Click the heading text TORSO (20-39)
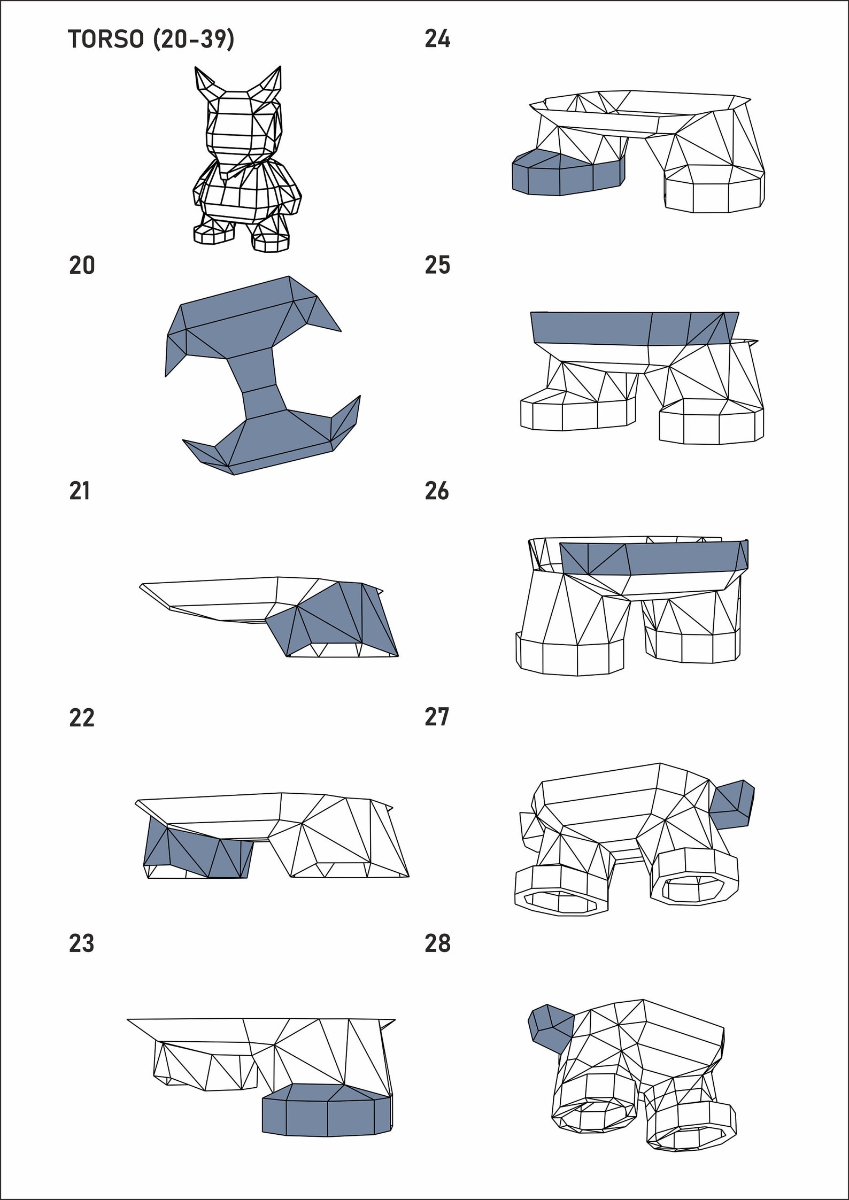pos(151,40)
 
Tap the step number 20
pos(82,266)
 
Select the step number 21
pos(80,491)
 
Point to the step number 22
pos(81,718)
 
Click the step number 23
pos(81,944)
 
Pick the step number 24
pos(437,40)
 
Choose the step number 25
pos(437,266)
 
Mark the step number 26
pos(437,491)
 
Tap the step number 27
pos(437,717)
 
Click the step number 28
pos(437,944)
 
